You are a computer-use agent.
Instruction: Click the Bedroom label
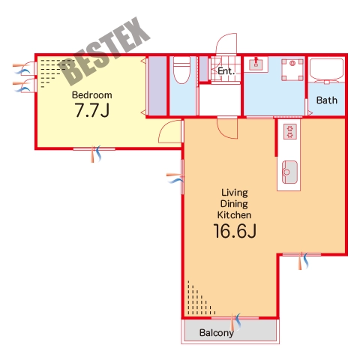click(x=91, y=95)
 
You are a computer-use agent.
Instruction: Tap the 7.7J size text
click(x=92, y=110)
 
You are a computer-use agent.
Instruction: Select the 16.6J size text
click(x=235, y=231)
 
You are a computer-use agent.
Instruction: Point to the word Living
click(x=235, y=193)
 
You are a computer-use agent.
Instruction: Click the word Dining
click(x=234, y=204)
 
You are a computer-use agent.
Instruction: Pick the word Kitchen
click(x=234, y=215)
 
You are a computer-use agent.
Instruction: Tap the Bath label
click(x=327, y=100)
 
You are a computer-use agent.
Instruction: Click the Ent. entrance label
click(x=226, y=71)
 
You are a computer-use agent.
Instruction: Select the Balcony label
click(x=217, y=333)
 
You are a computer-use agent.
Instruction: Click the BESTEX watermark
click(x=104, y=52)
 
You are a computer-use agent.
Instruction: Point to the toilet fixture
click(x=181, y=70)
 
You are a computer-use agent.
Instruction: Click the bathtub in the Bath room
click(x=326, y=69)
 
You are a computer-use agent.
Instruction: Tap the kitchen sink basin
click(x=289, y=172)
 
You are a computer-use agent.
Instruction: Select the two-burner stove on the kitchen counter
click(x=290, y=132)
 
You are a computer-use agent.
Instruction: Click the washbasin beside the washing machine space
click(x=256, y=64)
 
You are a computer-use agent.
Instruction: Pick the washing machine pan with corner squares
click(x=292, y=70)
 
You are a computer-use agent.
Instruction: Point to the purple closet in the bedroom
click(x=157, y=86)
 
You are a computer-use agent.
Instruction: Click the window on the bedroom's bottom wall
click(x=94, y=149)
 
